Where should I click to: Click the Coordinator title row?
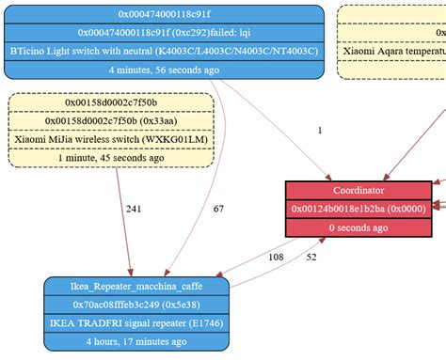[x=358, y=190]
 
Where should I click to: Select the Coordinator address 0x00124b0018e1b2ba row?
[x=358, y=209]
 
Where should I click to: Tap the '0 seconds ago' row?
[x=358, y=227]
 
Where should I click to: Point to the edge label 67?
[x=218, y=210]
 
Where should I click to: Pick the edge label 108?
[x=276, y=257]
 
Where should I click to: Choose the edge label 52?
[x=311, y=257]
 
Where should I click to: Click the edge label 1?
[x=320, y=131]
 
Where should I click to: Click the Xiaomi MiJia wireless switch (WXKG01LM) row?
[x=110, y=139]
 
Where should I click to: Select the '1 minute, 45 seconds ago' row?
[x=110, y=158]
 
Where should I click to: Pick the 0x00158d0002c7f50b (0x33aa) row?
[x=110, y=120]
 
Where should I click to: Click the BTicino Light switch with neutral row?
[x=164, y=50]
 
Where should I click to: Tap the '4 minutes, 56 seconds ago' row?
[x=164, y=70]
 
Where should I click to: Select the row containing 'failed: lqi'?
[x=164, y=32]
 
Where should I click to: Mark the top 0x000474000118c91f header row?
[x=164, y=13]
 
